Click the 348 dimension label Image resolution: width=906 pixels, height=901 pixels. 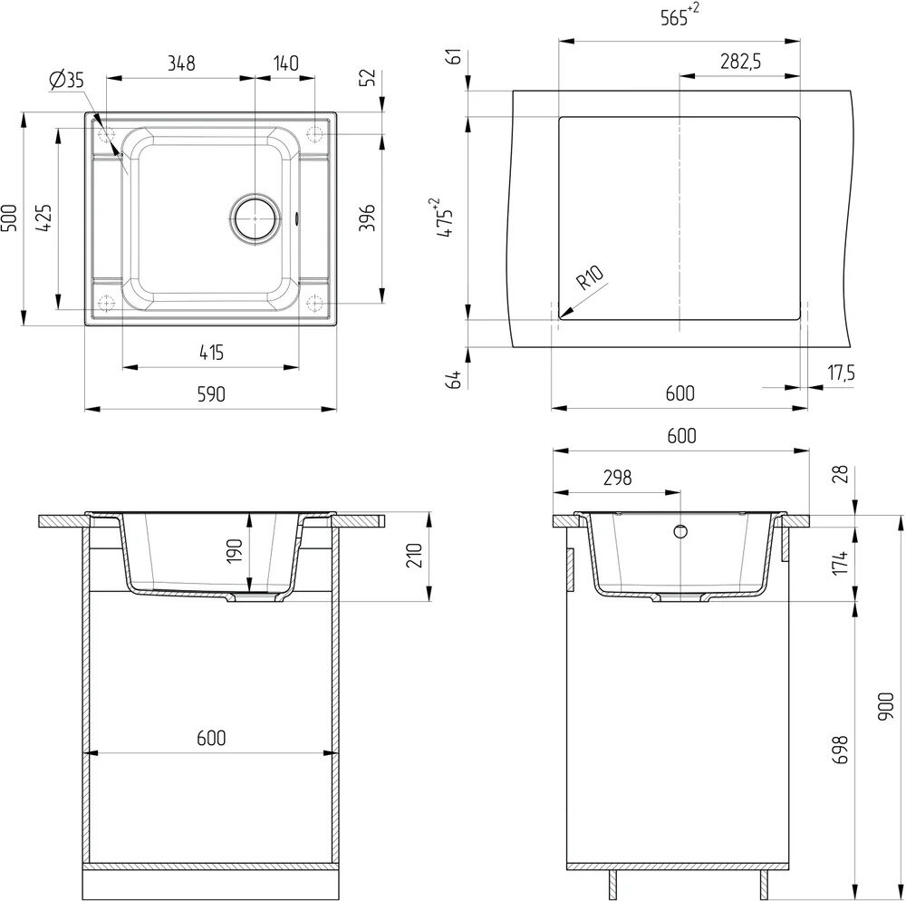[x=181, y=63]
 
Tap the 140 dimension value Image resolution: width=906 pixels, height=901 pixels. [x=285, y=63]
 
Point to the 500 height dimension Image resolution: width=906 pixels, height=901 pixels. [x=10, y=218]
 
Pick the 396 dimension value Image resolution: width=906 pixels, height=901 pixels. [x=367, y=218]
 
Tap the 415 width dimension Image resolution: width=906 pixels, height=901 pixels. [x=210, y=353]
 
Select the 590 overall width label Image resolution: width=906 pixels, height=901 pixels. [x=210, y=394]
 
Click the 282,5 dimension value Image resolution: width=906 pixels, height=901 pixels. [x=739, y=62]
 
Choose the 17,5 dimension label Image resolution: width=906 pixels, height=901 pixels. [x=842, y=372]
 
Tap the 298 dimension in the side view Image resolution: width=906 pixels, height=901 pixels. [x=615, y=478]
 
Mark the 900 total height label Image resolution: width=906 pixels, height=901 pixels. [x=885, y=703]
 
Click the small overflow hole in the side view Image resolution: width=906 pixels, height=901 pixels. [x=682, y=530]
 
